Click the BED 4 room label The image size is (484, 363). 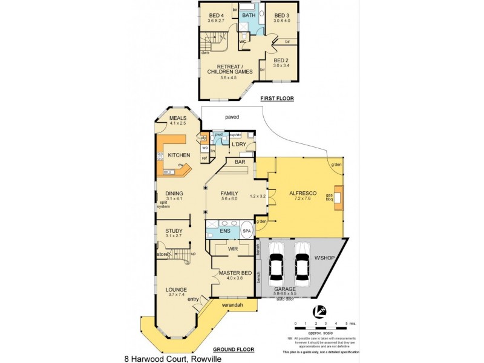pos(216,15)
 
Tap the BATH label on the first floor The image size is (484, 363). pos(249,15)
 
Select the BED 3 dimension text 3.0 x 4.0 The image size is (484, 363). pos(283,21)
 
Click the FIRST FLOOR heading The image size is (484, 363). pos(276,98)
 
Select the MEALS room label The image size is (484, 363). pos(177,117)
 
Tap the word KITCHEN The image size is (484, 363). pos(178,155)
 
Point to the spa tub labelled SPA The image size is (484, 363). pos(247,231)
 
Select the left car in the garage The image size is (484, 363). pos(276,263)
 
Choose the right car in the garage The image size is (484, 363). pos(302,263)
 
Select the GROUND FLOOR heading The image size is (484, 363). pos(233,350)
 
